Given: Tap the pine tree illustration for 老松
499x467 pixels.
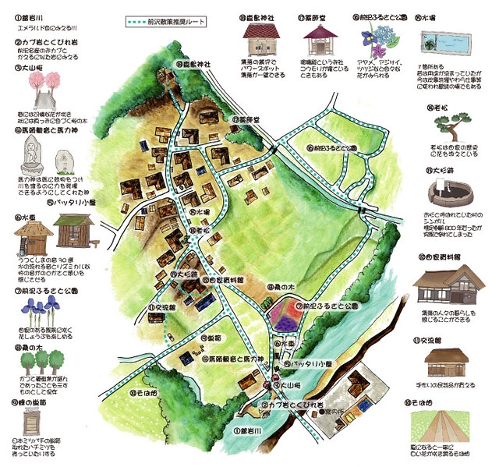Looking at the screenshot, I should pos(443,125).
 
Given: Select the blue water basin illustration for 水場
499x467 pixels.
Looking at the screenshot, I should pos(444,41).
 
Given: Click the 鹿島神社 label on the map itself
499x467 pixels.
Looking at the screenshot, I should pos(193,65).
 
